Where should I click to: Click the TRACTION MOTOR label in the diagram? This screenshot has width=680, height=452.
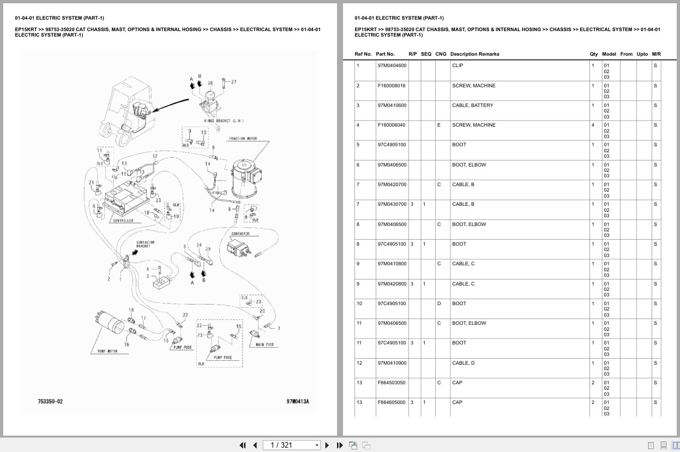(243, 139)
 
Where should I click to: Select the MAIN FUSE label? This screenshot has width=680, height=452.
(264, 345)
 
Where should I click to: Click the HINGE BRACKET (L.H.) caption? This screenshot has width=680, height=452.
(224, 121)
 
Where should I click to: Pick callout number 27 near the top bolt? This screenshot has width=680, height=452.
(233, 82)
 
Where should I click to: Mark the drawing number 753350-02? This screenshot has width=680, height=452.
(50, 401)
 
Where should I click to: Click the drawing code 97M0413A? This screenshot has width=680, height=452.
(298, 401)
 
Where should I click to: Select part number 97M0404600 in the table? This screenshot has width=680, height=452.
(392, 66)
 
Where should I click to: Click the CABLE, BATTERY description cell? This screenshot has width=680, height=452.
(472, 105)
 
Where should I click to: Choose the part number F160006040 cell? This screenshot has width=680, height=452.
(391, 125)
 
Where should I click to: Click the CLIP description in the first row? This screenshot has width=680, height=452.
(458, 66)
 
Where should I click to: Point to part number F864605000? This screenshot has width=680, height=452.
(391, 402)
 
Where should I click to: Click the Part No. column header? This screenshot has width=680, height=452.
(385, 54)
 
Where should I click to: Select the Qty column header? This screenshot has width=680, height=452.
(593, 54)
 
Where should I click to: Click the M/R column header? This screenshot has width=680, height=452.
(656, 54)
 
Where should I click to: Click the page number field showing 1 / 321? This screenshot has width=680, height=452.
(291, 445)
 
